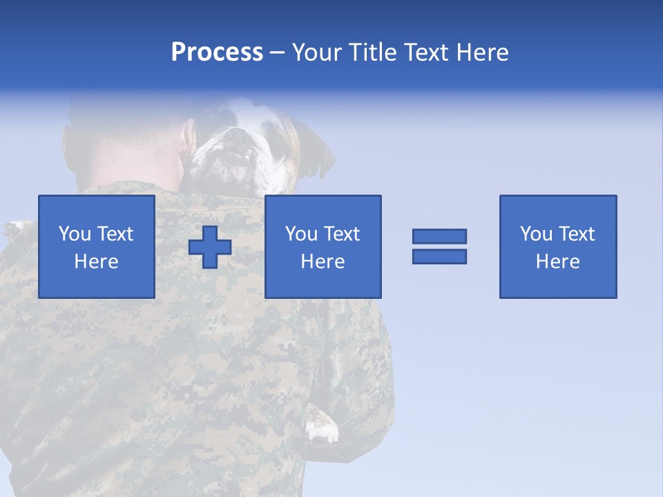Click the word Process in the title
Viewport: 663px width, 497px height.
(217, 52)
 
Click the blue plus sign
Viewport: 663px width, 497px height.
(210, 247)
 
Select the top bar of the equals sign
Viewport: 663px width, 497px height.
(439, 236)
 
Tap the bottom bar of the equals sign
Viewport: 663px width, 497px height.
(439, 256)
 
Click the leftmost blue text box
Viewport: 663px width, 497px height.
(97, 246)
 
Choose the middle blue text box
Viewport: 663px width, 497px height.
(323, 246)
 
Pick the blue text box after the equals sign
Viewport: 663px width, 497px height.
(558, 246)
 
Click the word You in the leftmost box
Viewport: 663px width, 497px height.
(75, 234)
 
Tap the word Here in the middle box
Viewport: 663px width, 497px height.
(323, 262)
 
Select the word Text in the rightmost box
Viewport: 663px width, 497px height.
(577, 234)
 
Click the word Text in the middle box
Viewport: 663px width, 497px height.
(342, 234)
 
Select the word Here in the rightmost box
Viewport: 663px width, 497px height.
(558, 262)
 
